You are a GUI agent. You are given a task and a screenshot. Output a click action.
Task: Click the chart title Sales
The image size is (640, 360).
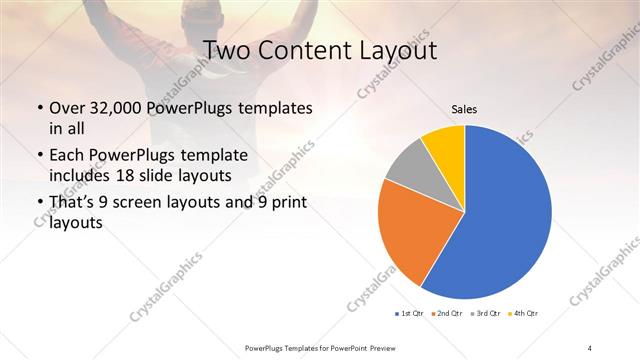click(x=463, y=108)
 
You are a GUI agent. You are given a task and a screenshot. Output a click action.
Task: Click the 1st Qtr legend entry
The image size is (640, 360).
click(x=410, y=314)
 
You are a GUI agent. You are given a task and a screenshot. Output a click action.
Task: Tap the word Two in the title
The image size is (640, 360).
click(x=228, y=50)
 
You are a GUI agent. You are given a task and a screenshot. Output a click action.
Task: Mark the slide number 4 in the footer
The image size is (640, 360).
click(x=590, y=347)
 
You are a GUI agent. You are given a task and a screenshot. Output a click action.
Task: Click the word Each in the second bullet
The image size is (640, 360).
click(x=67, y=156)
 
